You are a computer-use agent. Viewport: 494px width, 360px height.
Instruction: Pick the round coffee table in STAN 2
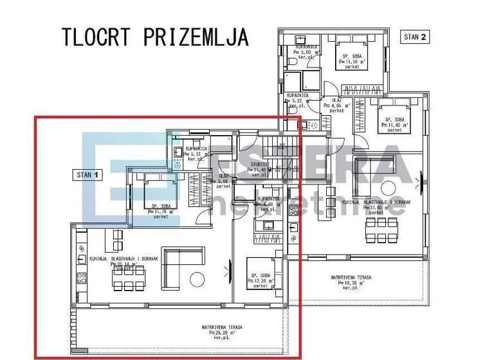click(389, 188)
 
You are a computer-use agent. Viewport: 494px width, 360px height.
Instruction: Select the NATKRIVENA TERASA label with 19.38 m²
click(351, 281)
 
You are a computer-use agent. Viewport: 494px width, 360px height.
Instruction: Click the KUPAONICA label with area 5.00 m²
click(303, 51)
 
